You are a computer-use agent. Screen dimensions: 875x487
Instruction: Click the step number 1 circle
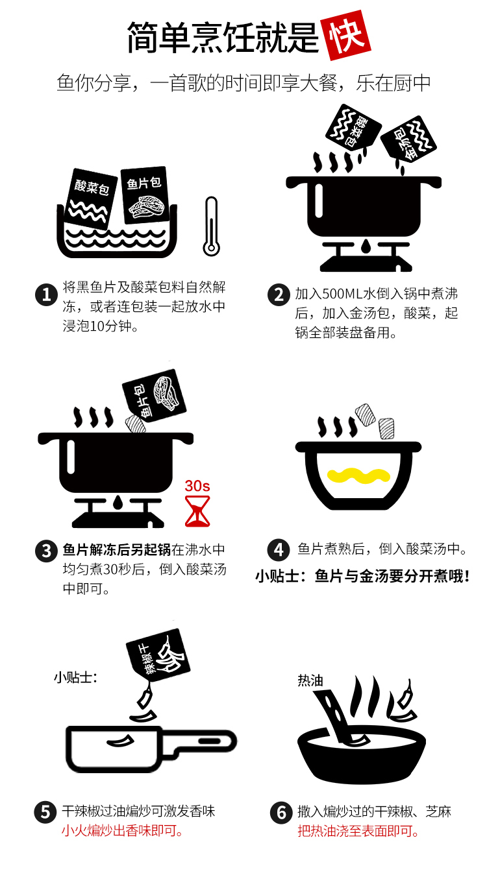coord(46,295)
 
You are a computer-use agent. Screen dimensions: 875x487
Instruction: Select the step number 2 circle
coord(279,295)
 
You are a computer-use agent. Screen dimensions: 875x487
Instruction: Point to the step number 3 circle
coord(46,551)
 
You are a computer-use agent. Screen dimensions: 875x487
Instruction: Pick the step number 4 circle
coord(279,550)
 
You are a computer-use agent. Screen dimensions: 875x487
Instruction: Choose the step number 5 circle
coord(45,811)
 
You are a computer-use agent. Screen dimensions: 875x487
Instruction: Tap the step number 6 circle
coord(281,812)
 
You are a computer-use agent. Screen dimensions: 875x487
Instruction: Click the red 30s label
coord(197,486)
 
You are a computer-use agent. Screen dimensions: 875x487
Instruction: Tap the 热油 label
coord(310,680)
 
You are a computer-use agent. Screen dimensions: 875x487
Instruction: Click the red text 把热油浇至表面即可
coord(358,830)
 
